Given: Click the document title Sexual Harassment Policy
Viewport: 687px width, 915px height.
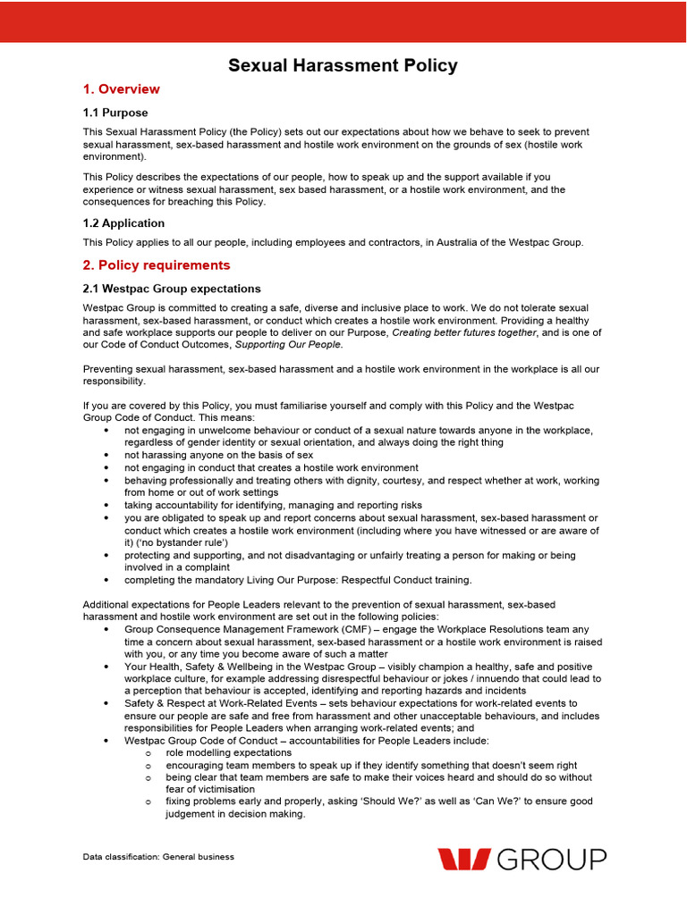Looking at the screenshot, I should tap(343, 65).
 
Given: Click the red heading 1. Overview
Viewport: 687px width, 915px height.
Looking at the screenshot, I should tap(121, 89).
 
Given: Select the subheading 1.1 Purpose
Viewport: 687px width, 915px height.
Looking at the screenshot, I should tap(115, 113).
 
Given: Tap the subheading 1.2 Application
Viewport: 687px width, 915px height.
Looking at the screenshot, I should tap(123, 223).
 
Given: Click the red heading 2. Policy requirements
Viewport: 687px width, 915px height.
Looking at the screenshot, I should tap(156, 265).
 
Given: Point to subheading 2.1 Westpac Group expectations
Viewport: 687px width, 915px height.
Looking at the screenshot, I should tap(172, 289).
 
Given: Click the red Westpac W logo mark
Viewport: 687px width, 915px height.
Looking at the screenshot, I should tap(463, 860).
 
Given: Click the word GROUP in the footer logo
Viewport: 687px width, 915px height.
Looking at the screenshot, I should tap(551, 860).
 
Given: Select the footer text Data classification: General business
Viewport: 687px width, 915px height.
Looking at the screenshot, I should tap(158, 857).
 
